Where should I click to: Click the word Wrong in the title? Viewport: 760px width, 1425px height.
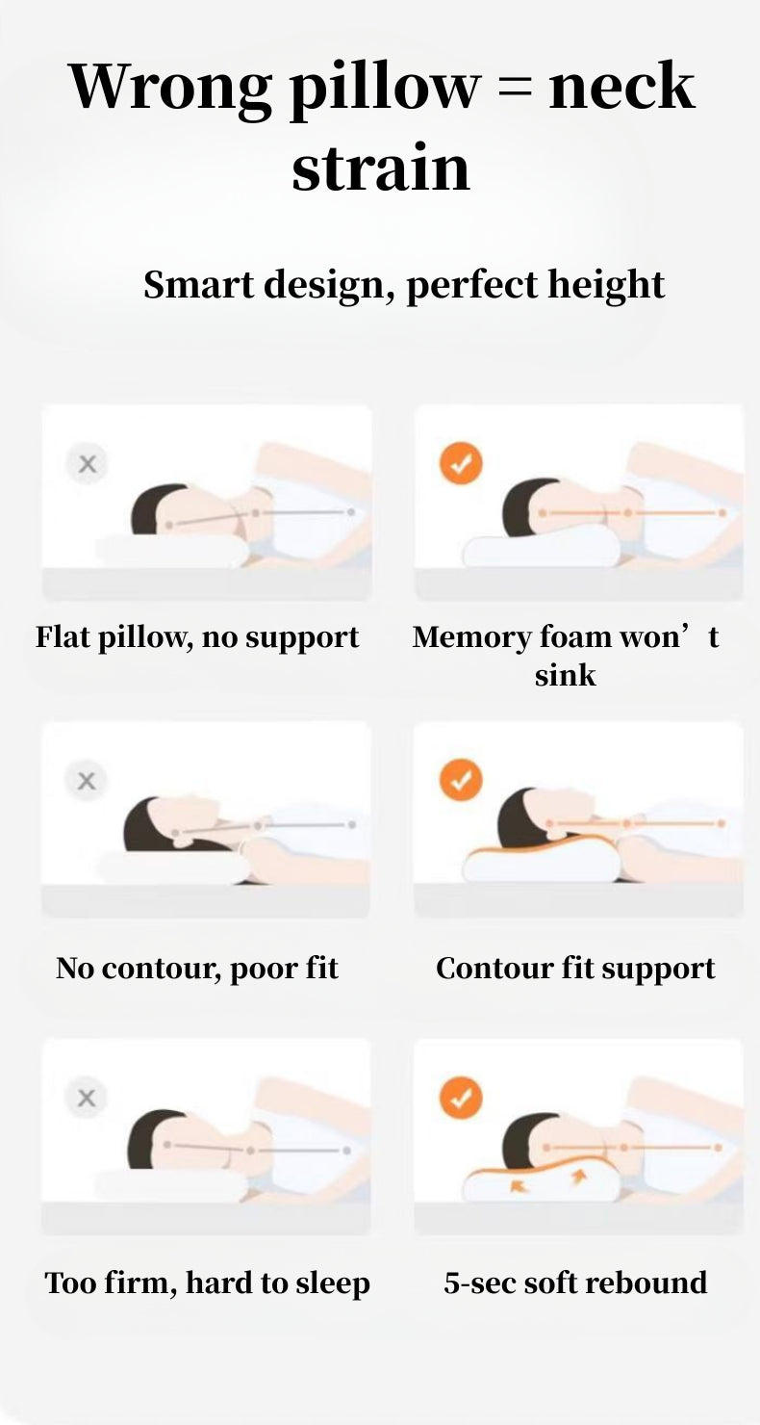point(169,88)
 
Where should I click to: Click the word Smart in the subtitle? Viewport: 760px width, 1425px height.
point(198,284)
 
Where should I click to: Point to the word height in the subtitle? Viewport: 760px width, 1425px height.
point(606,284)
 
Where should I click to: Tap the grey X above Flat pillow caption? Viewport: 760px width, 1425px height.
point(87,464)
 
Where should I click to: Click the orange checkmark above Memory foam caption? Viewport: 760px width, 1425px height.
point(461,463)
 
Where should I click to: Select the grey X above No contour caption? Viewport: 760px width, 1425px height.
point(87,781)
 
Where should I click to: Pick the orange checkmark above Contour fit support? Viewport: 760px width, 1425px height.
point(461,780)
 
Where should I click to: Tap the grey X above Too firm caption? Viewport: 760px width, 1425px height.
point(87,1098)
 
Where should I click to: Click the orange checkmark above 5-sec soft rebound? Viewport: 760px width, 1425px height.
point(461,1098)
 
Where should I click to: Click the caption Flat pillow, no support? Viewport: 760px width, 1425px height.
point(197,637)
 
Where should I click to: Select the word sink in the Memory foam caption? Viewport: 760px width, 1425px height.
point(565,676)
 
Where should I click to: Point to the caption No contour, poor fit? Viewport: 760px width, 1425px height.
point(197,969)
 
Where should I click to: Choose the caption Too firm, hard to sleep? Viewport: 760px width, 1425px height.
point(207,1283)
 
